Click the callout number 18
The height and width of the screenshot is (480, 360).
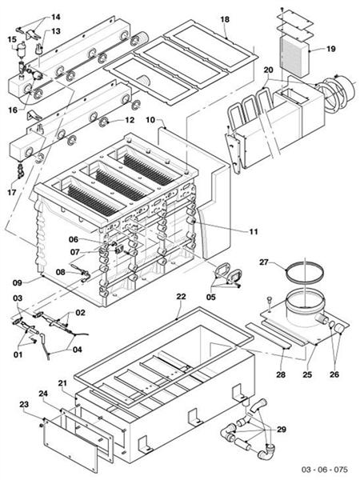point(225,18)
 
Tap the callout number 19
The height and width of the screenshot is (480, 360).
point(330,49)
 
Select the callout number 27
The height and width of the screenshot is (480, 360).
point(266,262)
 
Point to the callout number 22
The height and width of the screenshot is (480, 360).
point(181,297)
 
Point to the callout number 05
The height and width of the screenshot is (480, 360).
point(212,295)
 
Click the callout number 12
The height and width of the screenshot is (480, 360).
point(129,120)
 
